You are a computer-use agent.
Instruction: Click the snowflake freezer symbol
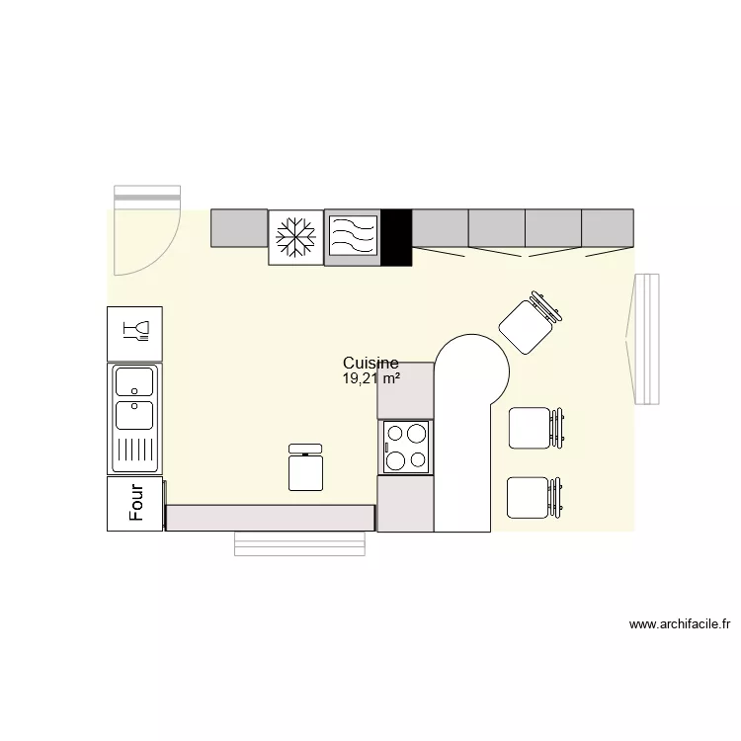click(295, 237)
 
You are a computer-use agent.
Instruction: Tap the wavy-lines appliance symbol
click(353, 237)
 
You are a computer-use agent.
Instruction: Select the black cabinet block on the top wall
click(396, 237)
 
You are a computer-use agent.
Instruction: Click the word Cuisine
click(370, 364)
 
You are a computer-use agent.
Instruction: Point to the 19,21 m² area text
click(370, 378)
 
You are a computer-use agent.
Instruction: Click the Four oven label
click(135, 503)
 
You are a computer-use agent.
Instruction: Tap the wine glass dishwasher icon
click(134, 333)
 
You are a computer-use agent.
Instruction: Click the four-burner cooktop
click(406, 447)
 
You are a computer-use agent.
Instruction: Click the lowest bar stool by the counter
click(532, 497)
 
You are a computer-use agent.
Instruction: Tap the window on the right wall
click(645, 339)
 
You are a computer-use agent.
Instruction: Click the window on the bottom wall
click(299, 543)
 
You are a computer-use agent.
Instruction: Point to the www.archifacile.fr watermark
click(679, 624)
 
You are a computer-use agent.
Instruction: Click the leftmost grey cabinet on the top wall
click(240, 228)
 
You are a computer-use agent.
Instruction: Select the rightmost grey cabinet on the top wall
click(607, 228)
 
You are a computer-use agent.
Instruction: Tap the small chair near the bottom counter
click(306, 468)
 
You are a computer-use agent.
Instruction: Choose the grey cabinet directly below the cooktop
click(405, 503)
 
